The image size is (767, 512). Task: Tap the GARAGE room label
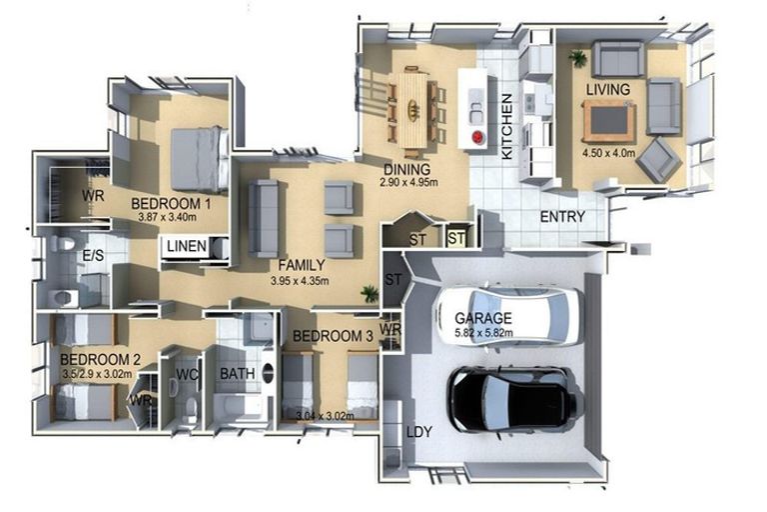(x=484, y=319)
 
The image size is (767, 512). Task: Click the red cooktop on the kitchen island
(x=476, y=136)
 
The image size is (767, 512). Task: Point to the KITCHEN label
(x=507, y=127)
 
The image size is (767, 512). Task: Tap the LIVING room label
(x=607, y=90)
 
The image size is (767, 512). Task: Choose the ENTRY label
(x=562, y=217)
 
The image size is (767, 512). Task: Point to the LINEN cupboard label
(x=187, y=246)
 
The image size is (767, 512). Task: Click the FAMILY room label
(x=301, y=265)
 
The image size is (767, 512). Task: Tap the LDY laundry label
(x=419, y=432)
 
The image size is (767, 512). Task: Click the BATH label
(x=238, y=374)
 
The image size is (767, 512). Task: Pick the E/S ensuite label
(x=93, y=256)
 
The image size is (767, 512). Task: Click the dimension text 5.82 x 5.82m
(x=484, y=333)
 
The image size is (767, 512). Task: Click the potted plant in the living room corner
(x=576, y=58)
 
